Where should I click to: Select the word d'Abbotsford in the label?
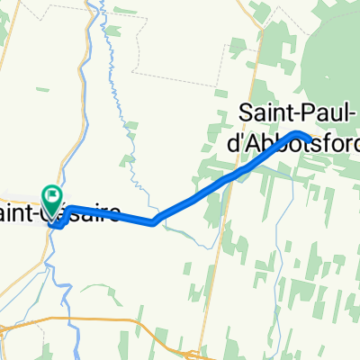pyautogui.click(x=284, y=143)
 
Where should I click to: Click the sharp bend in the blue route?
pyautogui.click(x=154, y=221)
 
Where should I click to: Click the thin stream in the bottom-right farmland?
pyautogui.click(x=297, y=270)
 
